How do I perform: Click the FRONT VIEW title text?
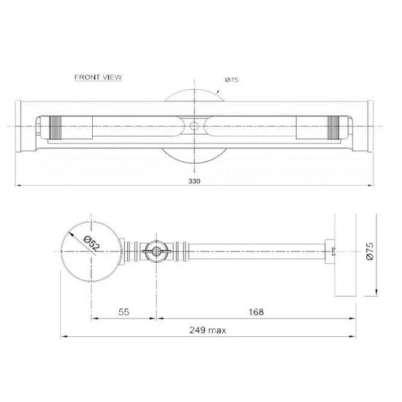98,77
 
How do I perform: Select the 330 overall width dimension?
194,181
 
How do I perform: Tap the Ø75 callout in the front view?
232,80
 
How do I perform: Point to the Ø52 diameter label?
91,244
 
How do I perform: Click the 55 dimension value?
124,312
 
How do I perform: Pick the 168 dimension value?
256,312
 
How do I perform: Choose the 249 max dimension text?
208,330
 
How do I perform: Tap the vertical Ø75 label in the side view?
371,251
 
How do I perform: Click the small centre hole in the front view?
194,126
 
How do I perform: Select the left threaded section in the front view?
56,128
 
